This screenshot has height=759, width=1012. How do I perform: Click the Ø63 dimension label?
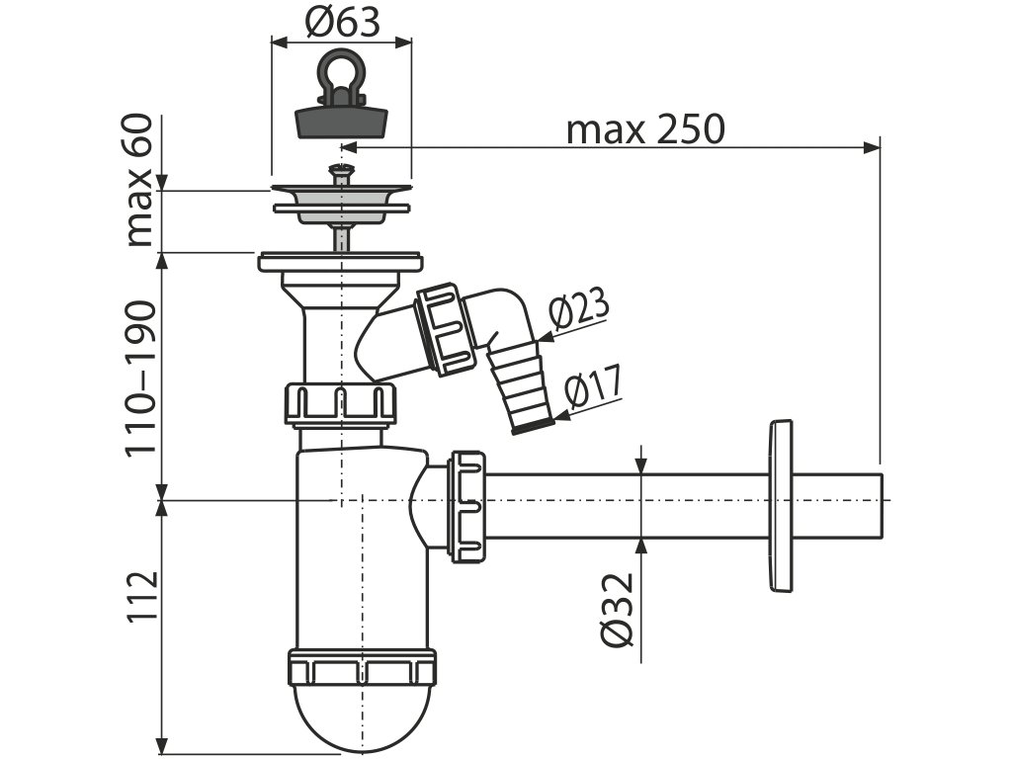pos(340,22)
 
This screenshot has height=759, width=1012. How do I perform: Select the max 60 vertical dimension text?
pos(140,181)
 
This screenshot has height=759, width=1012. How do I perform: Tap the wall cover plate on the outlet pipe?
pos(779,506)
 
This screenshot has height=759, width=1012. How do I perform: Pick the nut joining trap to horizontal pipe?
pos(466,505)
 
